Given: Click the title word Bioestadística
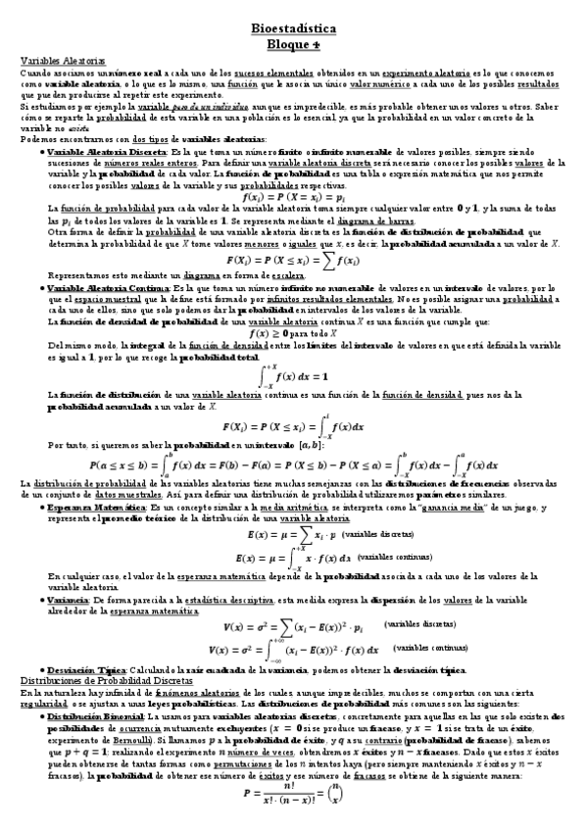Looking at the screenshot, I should coord(293,30).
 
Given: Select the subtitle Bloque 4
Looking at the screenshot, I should coord(293,45).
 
